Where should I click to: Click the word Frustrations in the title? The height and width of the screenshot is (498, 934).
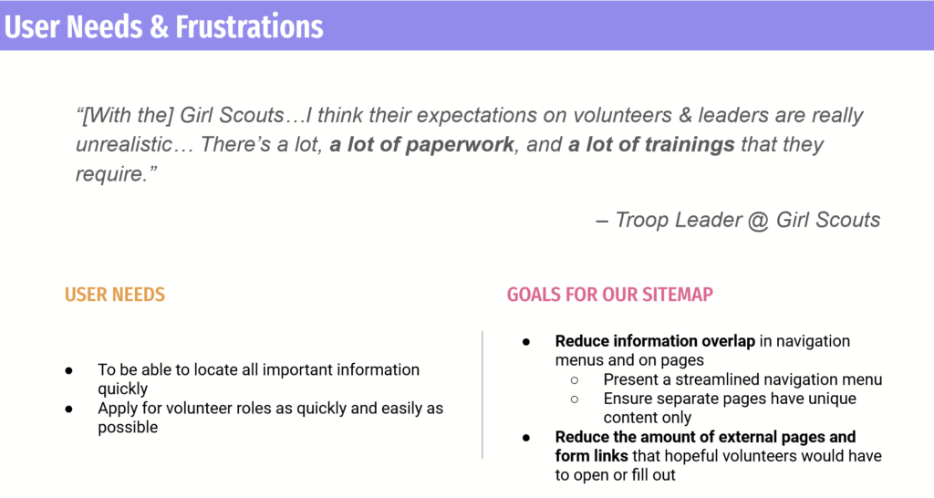click(x=250, y=26)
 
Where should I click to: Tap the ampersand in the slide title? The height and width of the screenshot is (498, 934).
click(x=160, y=27)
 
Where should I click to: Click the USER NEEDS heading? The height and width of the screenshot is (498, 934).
click(x=115, y=295)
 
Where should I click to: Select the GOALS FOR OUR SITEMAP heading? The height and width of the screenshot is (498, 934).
click(x=610, y=295)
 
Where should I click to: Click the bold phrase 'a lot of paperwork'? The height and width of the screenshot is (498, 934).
click(x=421, y=144)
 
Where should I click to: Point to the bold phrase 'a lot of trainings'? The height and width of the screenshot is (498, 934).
click(x=651, y=144)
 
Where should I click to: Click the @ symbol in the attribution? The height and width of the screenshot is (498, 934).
click(x=758, y=220)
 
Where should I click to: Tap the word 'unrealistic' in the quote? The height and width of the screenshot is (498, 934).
click(x=124, y=144)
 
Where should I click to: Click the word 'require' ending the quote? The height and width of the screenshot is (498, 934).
click(x=110, y=174)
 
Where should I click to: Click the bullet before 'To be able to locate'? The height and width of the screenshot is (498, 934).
click(x=69, y=370)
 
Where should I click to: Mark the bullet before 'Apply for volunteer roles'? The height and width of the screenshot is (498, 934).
click(x=69, y=410)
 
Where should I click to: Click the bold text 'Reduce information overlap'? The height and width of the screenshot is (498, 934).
click(x=655, y=341)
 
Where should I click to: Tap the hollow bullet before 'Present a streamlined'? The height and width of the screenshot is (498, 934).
click(x=575, y=380)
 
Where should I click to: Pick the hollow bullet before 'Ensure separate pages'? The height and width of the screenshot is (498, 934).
click(x=575, y=399)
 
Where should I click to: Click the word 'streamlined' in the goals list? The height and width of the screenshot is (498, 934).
click(x=720, y=379)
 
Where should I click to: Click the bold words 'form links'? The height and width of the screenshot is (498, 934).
click(x=591, y=456)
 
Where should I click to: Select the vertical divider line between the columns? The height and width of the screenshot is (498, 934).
click(x=483, y=395)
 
